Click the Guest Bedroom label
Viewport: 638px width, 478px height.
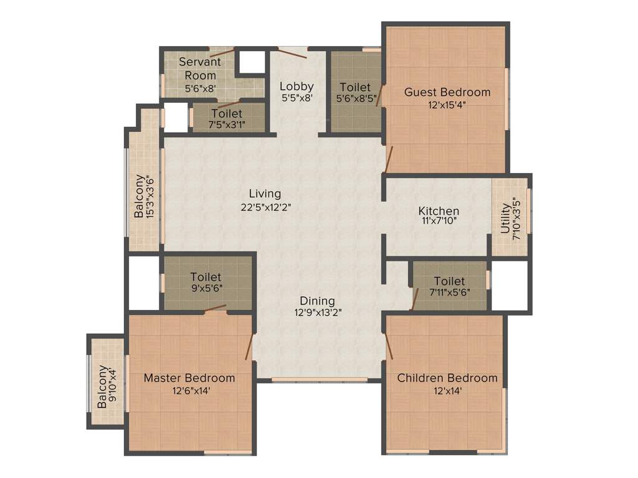pos(447,92)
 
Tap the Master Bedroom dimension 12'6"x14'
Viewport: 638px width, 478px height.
pos(189,391)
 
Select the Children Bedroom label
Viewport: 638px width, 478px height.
pos(447,378)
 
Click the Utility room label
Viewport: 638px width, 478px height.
pos(505,215)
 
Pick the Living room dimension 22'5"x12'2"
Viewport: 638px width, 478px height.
pos(265,206)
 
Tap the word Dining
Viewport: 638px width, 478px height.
pos(318,301)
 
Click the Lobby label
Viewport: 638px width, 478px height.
pos(296,86)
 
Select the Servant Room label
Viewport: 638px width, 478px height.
pos(199,68)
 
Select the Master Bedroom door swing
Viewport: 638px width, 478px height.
pos(250,346)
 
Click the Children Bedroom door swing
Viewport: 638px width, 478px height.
pos(389,346)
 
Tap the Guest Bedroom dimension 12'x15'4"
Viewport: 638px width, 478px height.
pos(447,105)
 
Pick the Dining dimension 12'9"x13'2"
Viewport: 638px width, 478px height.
pos(318,313)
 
